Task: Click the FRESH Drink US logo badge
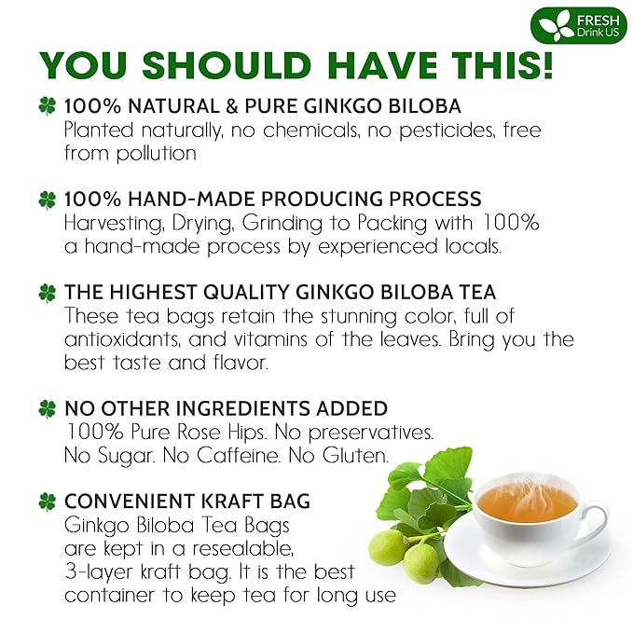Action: (579, 25)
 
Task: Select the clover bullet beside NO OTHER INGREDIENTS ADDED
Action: (47, 408)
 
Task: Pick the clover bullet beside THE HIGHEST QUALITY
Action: (47, 293)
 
